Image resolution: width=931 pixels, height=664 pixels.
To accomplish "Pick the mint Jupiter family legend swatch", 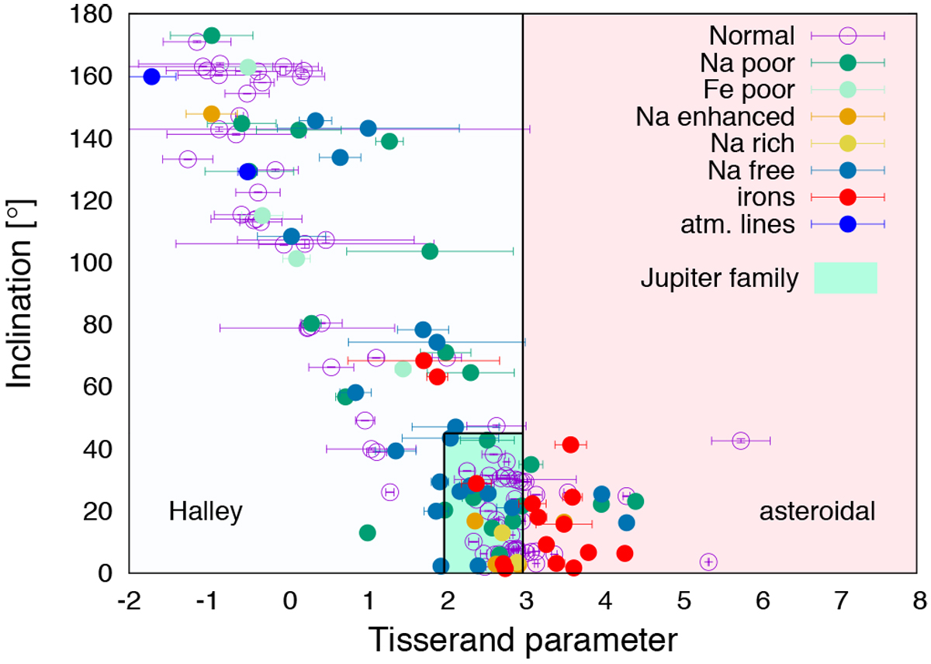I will (x=845, y=278).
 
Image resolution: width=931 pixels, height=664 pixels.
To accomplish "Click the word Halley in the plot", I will (x=206, y=511).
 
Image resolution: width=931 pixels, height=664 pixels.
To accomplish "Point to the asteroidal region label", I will (x=817, y=511).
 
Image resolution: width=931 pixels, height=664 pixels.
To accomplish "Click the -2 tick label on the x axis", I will (x=128, y=600).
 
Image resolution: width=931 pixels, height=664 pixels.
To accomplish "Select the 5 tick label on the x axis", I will (x=684, y=600).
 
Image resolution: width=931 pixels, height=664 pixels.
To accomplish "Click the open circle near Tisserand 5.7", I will (x=741, y=441).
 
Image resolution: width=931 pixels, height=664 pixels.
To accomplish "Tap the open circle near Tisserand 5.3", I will (x=708, y=562).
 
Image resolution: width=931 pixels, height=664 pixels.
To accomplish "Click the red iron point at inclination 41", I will (x=570, y=444).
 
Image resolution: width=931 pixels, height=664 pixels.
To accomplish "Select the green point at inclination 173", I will (x=211, y=36).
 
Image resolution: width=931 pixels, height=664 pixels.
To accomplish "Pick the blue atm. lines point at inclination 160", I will (x=151, y=76).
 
